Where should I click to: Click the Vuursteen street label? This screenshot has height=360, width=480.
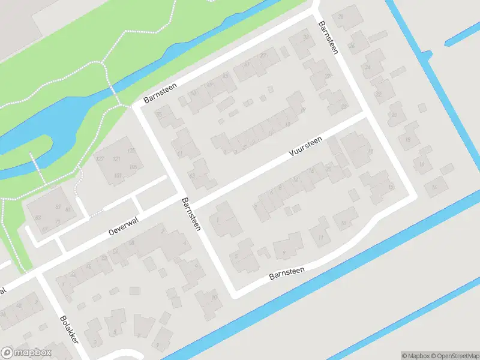point(305,146)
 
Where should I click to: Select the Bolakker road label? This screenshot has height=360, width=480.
point(70,329)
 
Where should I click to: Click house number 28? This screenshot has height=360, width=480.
point(341,17)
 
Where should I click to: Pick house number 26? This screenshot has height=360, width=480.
point(352,46)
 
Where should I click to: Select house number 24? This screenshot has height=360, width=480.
point(367,67)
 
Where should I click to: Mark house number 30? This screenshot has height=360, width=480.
point(306,37)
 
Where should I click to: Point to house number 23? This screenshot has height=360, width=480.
point(343,107)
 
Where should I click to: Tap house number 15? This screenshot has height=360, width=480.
point(391,187)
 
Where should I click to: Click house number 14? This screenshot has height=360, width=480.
point(434,188)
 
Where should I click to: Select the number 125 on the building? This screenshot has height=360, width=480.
point(131,150)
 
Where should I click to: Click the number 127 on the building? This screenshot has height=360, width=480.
point(100,159)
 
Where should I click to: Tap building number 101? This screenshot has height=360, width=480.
point(118,176)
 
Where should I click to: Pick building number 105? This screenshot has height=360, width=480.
point(133,167)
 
